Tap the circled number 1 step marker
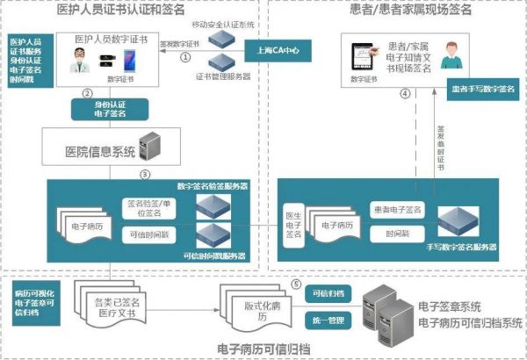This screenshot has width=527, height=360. (x=186, y=57)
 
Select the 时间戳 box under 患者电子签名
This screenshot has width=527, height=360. (x=387, y=235)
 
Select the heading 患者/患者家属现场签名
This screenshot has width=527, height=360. (x=398, y=10)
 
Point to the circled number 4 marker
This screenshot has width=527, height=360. (x=405, y=94)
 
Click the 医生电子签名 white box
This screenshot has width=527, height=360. (x=294, y=223)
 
